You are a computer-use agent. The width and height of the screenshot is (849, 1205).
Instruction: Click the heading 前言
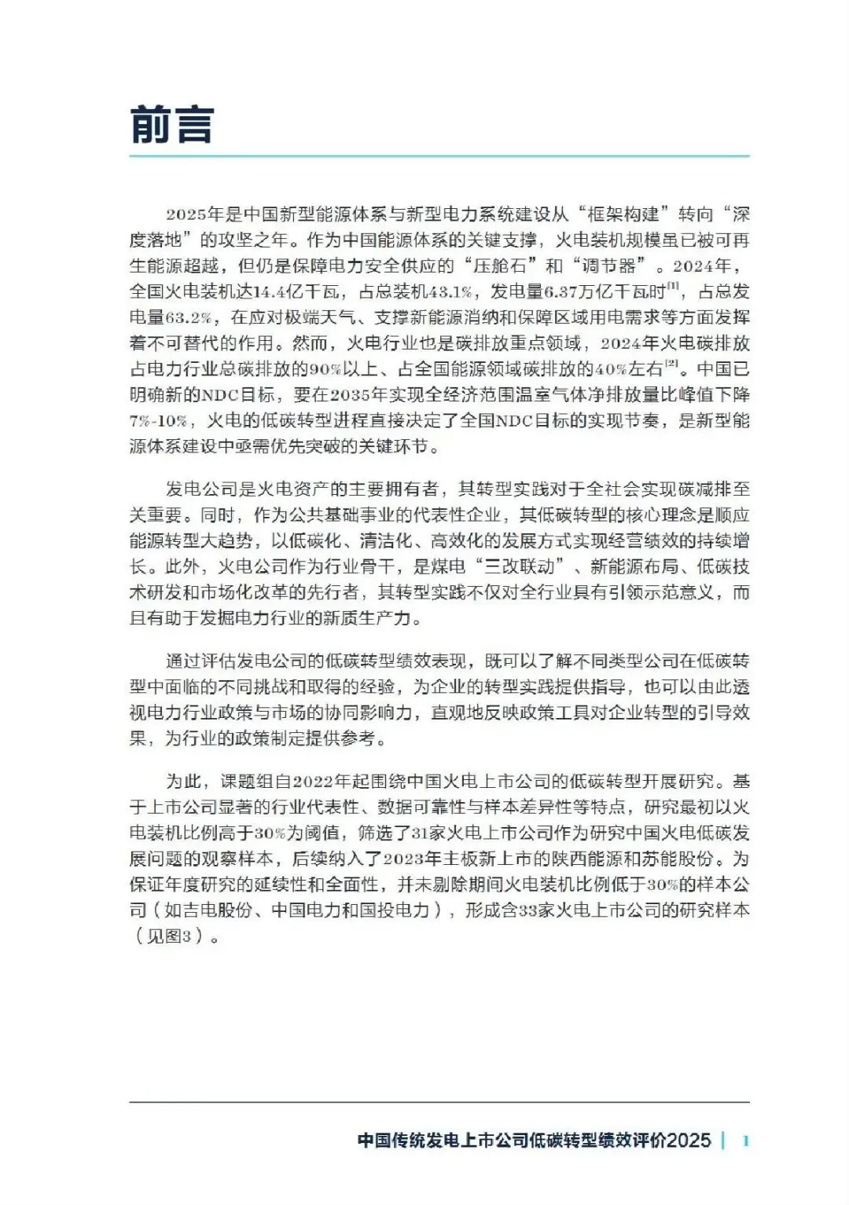(x=171, y=125)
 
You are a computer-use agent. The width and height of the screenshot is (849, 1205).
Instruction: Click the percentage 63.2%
(x=189, y=317)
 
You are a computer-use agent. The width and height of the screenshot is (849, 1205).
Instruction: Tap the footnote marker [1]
(x=673, y=287)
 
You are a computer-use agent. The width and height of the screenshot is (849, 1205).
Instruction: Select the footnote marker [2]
(x=671, y=364)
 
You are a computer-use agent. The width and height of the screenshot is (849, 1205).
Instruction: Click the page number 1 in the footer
(x=745, y=1141)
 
